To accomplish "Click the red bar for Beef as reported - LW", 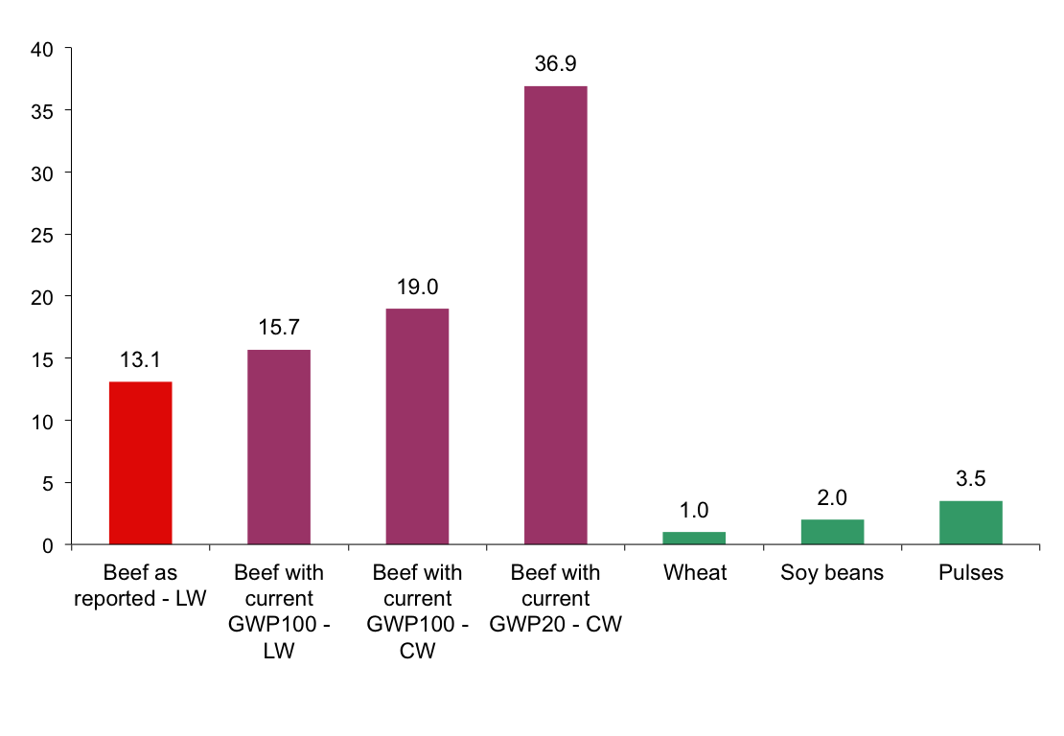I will (x=140, y=463).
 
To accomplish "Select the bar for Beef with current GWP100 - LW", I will (x=278, y=447).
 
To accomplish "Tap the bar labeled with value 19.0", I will (x=417, y=426).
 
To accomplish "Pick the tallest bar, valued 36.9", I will (x=555, y=315).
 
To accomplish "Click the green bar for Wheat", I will (x=694, y=538).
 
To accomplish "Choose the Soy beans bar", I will (x=832, y=532).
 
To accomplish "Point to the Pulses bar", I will (x=970, y=522).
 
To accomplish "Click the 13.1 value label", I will (x=140, y=361).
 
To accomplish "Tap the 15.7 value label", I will (x=278, y=329).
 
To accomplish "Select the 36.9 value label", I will (x=555, y=65).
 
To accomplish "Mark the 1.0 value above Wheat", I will (x=694, y=511).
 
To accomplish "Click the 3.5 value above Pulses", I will (x=970, y=479).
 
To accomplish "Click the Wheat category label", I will (x=694, y=573).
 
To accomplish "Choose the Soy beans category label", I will (x=832, y=573).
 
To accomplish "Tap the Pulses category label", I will (x=970, y=573).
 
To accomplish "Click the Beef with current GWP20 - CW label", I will (x=555, y=599).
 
